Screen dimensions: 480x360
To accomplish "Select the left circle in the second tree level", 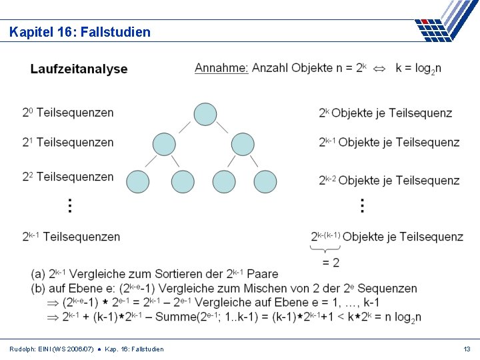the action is click(164, 144).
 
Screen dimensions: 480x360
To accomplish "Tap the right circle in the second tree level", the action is click(243, 144).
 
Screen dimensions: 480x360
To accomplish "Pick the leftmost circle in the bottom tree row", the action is click(138, 181).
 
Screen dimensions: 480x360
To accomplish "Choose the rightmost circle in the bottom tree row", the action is click(265, 181).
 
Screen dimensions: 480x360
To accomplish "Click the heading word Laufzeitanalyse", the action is click(79, 69).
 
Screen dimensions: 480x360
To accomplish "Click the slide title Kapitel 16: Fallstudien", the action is click(80, 32).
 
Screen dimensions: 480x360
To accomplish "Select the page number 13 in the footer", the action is click(467, 349).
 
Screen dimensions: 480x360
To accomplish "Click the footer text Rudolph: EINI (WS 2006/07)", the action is click(51, 349).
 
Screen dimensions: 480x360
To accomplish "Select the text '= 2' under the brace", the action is click(331, 263).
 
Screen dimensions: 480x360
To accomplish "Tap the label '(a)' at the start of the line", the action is click(39, 274).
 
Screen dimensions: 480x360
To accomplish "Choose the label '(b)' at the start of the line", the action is click(39, 288).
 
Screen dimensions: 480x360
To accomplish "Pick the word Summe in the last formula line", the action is click(175, 317).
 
